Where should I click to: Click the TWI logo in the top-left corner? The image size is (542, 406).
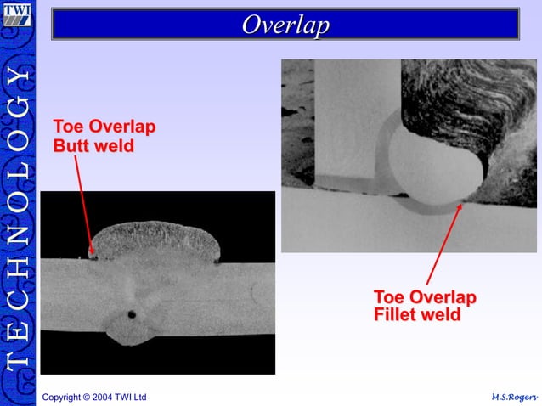pos(17,16)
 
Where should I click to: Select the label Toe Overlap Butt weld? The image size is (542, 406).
pos(104,136)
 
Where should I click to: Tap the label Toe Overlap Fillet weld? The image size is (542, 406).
pos(425,306)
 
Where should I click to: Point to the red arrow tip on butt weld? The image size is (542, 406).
pos(92,252)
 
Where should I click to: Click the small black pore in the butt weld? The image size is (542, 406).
pos(132,314)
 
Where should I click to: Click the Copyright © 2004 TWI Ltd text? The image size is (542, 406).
pos(94,397)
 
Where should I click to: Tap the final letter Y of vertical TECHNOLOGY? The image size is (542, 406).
pos(18,77)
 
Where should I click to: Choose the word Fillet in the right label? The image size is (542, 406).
pos(398,315)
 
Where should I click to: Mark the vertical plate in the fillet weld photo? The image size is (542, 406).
pos(357,119)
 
